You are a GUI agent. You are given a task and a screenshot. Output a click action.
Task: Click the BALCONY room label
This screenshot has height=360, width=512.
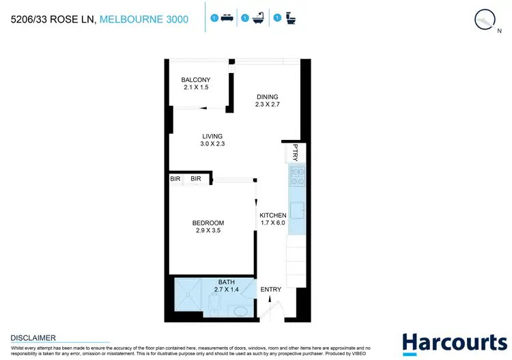(195, 80)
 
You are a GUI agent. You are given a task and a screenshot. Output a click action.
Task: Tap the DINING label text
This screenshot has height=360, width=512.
(268, 96)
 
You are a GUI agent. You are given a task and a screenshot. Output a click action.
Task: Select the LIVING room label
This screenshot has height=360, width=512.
(212, 136)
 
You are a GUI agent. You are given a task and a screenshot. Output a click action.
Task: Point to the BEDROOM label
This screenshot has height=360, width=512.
(208, 223)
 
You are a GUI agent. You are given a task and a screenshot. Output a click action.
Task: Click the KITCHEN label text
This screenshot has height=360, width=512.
(272, 215)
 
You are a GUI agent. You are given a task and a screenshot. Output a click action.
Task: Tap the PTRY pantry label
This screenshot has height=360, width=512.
(296, 152)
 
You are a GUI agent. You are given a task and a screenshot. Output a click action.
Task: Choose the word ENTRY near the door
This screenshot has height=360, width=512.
(271, 290)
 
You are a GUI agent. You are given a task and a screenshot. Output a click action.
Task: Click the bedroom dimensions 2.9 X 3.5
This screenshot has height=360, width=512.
(208, 231)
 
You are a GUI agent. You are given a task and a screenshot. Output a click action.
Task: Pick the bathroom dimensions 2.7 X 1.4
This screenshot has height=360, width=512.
(225, 290)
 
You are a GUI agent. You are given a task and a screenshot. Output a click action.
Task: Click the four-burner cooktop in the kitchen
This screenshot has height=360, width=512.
(297, 177)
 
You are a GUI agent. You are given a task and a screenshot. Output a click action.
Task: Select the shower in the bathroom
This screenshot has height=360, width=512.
(190, 298)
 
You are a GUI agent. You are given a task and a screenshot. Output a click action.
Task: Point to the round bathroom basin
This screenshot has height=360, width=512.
(240, 311)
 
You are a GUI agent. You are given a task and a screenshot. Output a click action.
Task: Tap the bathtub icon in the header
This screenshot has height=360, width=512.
(258, 19)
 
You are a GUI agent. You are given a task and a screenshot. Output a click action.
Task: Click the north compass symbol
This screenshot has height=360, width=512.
(485, 20)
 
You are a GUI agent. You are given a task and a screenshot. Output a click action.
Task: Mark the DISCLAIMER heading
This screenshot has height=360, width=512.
(33, 337)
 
